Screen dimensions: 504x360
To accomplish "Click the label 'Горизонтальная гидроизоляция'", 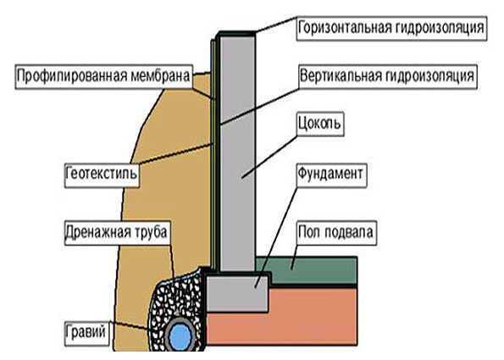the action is click(x=391, y=28).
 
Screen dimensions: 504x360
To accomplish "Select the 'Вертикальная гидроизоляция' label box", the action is click(x=387, y=76).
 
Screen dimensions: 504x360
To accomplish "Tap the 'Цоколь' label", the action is click(x=320, y=124).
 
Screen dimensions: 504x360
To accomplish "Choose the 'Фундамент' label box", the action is click(x=331, y=174).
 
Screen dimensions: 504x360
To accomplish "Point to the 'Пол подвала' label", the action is click(x=336, y=233).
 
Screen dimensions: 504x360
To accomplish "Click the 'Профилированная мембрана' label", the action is click(x=104, y=77).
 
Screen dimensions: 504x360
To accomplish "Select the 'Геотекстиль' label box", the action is click(x=102, y=175).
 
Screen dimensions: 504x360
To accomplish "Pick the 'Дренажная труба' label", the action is click(x=117, y=233).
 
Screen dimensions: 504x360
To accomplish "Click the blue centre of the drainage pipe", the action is click(x=180, y=336).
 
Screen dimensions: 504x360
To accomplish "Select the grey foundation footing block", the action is click(x=237, y=293).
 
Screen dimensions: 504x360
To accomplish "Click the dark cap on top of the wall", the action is click(x=236, y=33).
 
